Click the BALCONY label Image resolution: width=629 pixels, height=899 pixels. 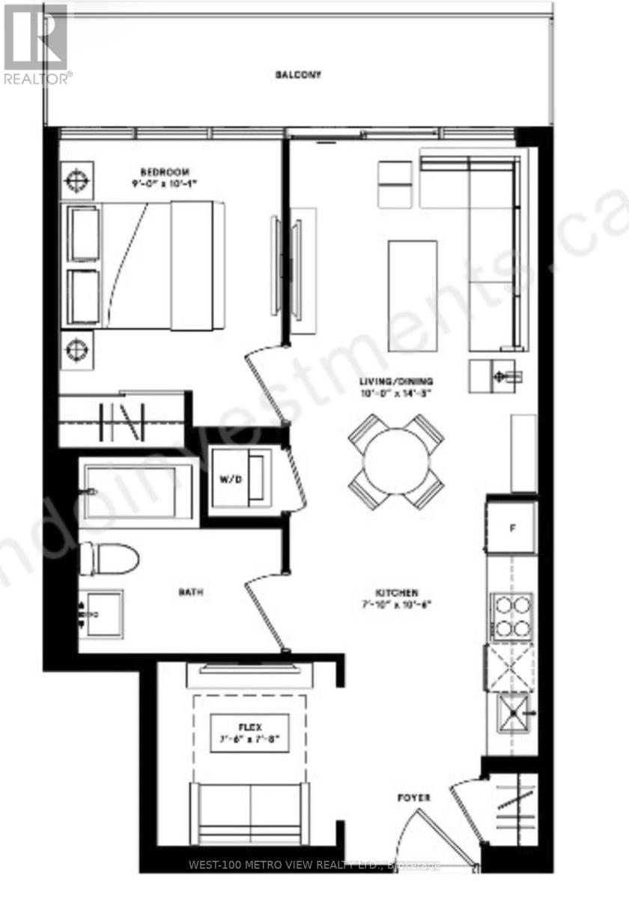coord(298,75)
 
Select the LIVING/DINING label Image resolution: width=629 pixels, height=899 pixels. coord(396,381)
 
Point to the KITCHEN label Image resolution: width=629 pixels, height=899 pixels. coord(398,592)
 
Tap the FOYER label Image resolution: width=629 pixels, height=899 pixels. coord(414,799)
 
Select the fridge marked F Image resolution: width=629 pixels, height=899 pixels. coord(512,527)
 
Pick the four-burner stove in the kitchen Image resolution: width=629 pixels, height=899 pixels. coord(511,614)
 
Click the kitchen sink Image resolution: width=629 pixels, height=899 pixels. coord(512,712)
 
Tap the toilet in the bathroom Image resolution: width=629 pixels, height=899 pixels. coord(111,558)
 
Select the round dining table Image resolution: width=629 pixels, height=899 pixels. coord(396,460)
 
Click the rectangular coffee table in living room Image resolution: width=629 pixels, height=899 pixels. coord(412,294)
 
